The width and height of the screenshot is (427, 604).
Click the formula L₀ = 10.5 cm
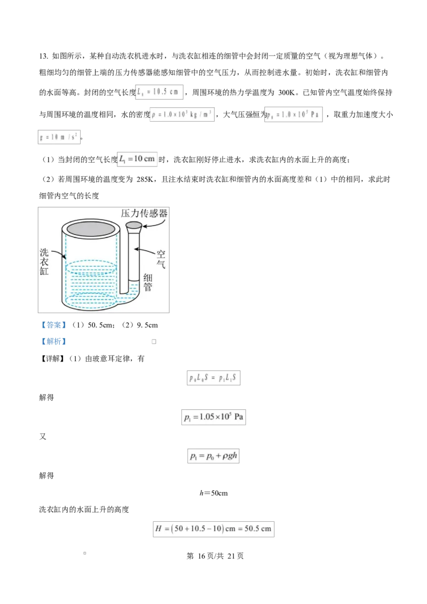[159, 92]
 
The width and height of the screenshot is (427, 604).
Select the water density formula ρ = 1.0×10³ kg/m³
[183, 115]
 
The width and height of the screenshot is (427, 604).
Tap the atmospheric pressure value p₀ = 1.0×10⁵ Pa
[294, 115]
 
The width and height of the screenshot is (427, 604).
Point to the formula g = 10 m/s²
[59, 137]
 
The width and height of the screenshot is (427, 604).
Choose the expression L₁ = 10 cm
[137, 159]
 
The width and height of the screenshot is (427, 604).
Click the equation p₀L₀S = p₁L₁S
[213, 378]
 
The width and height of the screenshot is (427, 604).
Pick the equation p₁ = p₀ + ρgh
[213, 456]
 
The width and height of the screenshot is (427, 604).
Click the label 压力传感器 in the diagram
[144, 213]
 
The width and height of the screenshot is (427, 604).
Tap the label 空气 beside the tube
[161, 258]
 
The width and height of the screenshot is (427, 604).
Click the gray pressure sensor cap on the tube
[133, 227]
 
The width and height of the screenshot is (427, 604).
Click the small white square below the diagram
[154, 341]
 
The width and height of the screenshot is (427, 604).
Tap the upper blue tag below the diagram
[53, 324]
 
